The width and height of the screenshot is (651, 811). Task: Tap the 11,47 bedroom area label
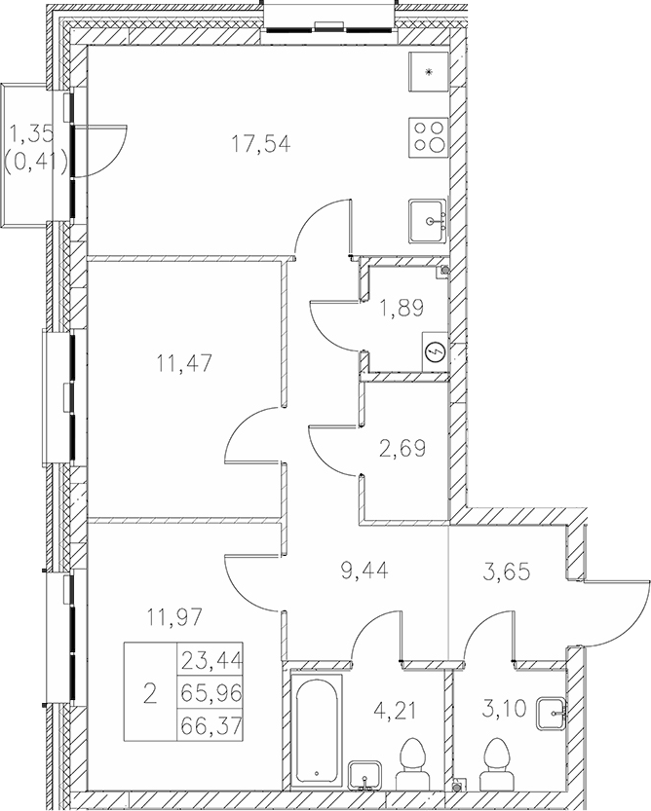[x=184, y=363]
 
